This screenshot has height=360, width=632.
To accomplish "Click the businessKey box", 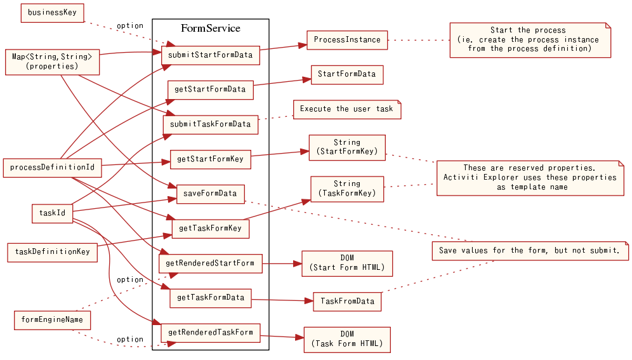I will click(52, 13).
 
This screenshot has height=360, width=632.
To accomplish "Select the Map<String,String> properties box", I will click(52, 62).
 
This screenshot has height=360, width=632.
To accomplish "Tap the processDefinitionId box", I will click(52, 168).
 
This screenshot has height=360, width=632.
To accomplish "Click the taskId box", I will click(52, 213).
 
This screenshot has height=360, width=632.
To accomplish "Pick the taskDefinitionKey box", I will click(52, 251).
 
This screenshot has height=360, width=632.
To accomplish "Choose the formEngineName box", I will click(52, 319).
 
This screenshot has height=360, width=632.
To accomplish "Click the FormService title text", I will click(210, 29).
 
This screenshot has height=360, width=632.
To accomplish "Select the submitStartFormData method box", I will click(210, 55).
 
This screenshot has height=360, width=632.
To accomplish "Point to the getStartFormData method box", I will click(210, 90).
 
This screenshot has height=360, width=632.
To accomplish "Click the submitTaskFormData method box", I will click(210, 124).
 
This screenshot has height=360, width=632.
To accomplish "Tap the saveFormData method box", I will click(210, 194).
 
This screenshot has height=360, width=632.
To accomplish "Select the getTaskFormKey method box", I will click(210, 228).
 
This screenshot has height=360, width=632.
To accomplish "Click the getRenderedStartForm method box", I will click(210, 263).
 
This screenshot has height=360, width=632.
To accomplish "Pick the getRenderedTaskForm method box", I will click(210, 332).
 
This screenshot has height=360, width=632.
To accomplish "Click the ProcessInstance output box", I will click(347, 40).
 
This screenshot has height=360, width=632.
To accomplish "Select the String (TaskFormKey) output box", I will click(347, 189).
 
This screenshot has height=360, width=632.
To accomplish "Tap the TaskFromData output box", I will click(347, 301).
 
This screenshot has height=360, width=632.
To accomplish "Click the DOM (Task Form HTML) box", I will click(347, 340).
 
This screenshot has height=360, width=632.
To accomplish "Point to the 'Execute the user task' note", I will click(347, 109).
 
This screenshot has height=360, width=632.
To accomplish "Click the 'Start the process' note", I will click(530, 40).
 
